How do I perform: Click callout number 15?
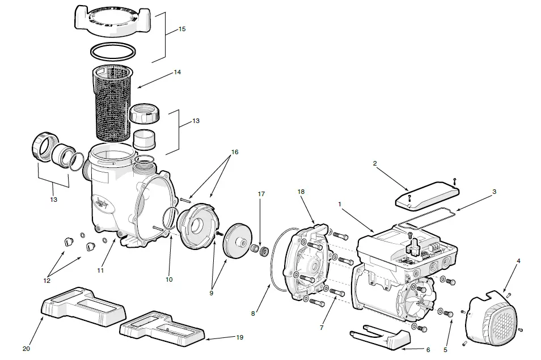click(182, 29)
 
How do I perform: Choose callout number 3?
click(494, 192)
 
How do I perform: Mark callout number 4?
click(518, 261)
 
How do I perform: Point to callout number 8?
click(254, 312)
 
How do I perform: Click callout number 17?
click(261, 194)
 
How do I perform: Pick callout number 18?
click(301, 192)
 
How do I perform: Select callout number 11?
click(100, 270)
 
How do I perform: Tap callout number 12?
click(47, 280)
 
